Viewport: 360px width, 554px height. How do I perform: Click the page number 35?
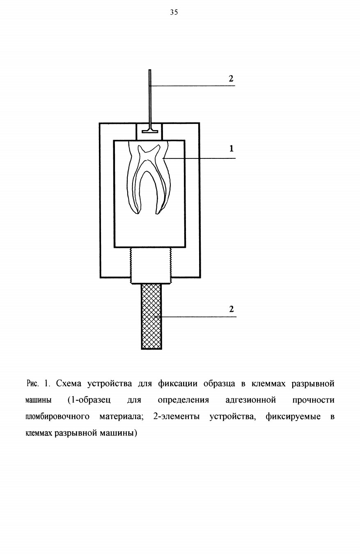pos(174,12)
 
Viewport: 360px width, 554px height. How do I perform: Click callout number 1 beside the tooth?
pos(232,149)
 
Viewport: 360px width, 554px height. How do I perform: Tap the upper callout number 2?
pos(231,78)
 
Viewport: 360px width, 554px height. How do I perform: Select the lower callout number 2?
pos(232,309)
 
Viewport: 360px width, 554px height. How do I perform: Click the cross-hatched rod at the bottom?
pos(151,316)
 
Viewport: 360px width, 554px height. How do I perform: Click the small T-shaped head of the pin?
pos(150,130)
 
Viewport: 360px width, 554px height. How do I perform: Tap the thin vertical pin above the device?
pos(150,98)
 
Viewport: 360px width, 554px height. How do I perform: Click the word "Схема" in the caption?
pos(69,384)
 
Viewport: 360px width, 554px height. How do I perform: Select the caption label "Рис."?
pos(32,384)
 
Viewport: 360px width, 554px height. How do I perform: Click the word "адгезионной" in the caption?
pos(251,400)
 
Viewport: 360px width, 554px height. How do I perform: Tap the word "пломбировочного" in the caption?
pos(57,417)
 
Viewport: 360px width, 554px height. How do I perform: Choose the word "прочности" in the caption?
pos(314,400)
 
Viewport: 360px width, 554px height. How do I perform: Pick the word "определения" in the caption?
pos(183,400)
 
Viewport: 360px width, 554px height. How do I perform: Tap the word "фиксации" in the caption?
pos(178,384)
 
